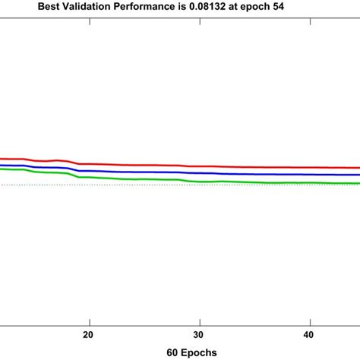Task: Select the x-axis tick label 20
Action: click(89, 334)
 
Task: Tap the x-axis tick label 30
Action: click(199, 334)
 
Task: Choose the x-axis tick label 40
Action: click(309, 334)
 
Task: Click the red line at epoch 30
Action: click(199, 166)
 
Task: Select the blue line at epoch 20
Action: click(89, 170)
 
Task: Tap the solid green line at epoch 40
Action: click(309, 183)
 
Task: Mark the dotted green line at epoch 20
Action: click(89, 185)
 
